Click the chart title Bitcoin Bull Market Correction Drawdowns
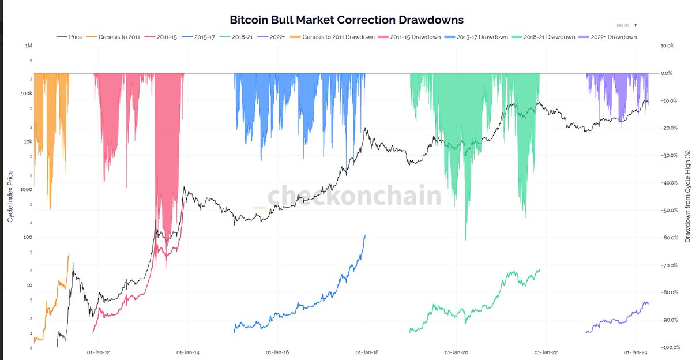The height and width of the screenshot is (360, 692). coord(347,20)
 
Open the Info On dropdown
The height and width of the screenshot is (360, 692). coord(626,25)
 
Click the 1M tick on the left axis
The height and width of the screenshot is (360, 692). coord(28,46)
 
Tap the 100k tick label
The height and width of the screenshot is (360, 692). coord(26,93)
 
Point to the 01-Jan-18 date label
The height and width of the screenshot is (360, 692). coord(367,352)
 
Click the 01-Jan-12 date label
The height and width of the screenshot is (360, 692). coord(99,352)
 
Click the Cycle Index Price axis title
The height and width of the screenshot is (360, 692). coord(10,196)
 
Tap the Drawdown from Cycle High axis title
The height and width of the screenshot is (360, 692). coord(687,196)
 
